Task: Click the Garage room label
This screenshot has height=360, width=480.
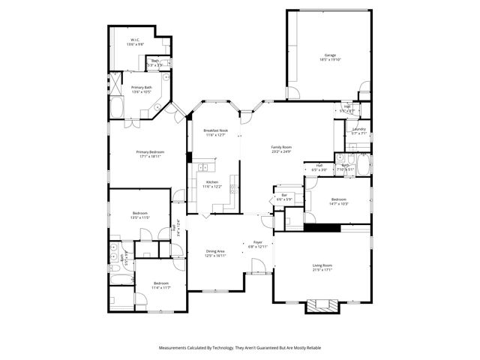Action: pyautogui.click(x=329, y=55)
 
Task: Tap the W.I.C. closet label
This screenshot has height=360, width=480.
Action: pyautogui.click(x=135, y=40)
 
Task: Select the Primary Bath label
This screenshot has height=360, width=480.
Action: pyautogui.click(x=142, y=87)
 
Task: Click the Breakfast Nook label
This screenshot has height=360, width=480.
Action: pyautogui.click(x=215, y=130)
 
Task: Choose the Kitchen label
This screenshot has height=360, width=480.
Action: pyautogui.click(x=212, y=182)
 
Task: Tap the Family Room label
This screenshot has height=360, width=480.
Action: pyautogui.click(x=281, y=147)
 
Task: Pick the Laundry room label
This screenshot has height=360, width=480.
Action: pyautogui.click(x=358, y=129)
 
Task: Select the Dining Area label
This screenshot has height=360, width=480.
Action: pyautogui.click(x=214, y=251)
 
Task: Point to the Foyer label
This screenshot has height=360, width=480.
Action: pyautogui.click(x=257, y=242)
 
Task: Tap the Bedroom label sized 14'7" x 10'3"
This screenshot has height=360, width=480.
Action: pyautogui.click(x=339, y=199)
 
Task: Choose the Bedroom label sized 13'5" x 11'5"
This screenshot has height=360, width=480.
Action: pyautogui.click(x=141, y=214)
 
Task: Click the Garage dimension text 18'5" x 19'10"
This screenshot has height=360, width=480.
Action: pyautogui.click(x=329, y=60)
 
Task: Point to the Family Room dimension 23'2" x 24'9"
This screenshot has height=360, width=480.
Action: pyautogui.click(x=281, y=151)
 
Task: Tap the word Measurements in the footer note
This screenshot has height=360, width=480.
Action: pyautogui.click(x=174, y=348)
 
